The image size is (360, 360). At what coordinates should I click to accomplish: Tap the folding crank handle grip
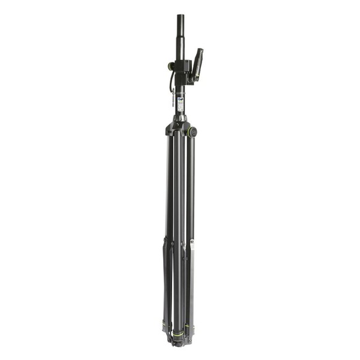(x=199, y=60)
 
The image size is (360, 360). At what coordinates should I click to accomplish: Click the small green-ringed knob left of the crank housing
(x=170, y=66)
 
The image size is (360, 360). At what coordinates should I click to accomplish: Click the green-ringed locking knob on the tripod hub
(x=193, y=130)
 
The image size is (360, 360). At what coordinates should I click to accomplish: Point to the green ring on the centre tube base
(x=179, y=332)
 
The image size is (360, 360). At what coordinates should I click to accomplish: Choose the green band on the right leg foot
(x=191, y=326)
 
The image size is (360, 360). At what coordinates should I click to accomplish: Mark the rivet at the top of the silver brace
(x=192, y=242)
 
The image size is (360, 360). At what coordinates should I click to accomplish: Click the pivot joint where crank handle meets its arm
(x=193, y=77)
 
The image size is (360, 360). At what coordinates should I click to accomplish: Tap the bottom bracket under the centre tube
(x=178, y=342)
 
